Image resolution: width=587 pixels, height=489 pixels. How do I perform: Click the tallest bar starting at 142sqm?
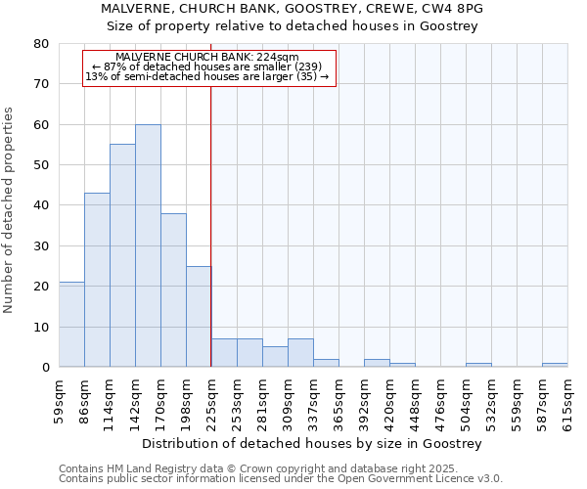tap(148, 245)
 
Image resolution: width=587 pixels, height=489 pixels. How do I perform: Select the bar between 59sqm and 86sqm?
tap(71, 325)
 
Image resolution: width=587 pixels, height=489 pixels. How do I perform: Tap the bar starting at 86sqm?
tap(97, 280)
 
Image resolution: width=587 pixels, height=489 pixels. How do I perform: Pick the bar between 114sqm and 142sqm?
tap(122, 255)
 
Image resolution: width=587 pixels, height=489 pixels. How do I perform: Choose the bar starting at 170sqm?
tap(173, 290)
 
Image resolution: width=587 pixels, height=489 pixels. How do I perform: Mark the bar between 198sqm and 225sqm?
tap(199, 317)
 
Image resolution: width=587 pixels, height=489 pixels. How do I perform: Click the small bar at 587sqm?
tap(555, 365)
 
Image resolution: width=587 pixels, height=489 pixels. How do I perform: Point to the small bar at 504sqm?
tap(478, 365)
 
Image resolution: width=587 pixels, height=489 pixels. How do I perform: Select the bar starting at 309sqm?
tap(300, 353)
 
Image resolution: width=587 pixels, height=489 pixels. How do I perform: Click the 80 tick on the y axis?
tap(40, 44)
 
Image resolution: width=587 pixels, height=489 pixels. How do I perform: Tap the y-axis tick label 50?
tap(40, 165)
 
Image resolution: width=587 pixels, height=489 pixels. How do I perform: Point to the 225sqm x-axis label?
tap(211, 399)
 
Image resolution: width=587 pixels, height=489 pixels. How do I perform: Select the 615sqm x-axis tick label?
tap(567, 399)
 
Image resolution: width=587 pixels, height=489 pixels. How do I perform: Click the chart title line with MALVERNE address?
tap(293, 9)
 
